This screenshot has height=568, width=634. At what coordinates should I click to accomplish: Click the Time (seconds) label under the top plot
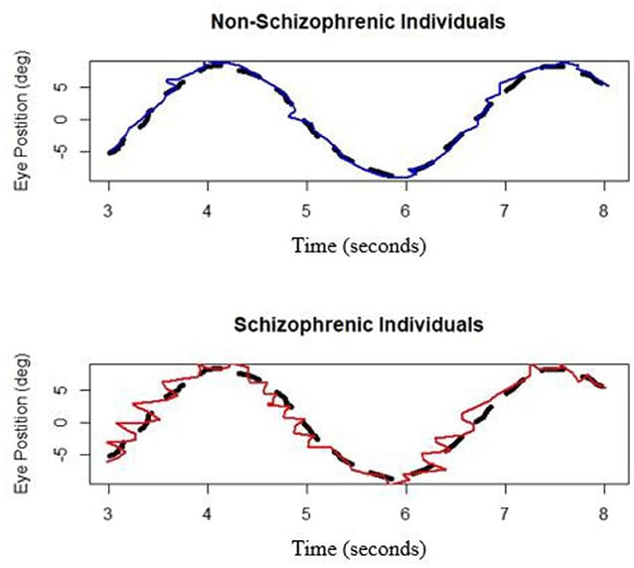(357, 243)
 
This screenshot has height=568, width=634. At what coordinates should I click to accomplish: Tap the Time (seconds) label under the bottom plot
(357, 547)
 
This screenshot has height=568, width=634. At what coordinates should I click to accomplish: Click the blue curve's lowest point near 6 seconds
(398, 177)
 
